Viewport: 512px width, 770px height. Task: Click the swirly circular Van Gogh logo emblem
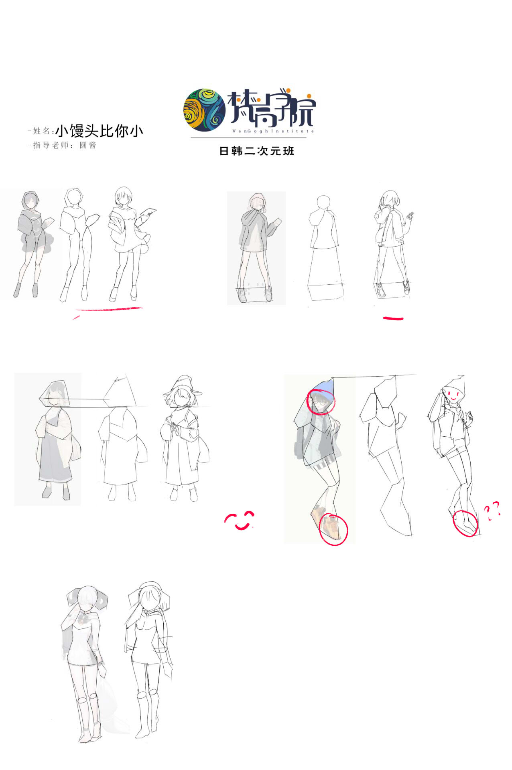coord(204,109)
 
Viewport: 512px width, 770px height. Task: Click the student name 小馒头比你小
coord(99,131)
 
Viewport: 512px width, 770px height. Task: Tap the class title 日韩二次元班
coord(257,151)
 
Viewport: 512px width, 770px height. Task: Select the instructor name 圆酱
coord(88,145)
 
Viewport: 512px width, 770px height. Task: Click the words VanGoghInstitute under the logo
coord(273,131)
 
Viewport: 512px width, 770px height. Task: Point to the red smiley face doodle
coord(240,520)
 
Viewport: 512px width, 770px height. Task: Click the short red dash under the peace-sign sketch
coord(393,319)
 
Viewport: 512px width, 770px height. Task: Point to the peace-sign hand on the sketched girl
coord(410,215)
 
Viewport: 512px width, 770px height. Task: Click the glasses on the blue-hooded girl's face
coord(319,400)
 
